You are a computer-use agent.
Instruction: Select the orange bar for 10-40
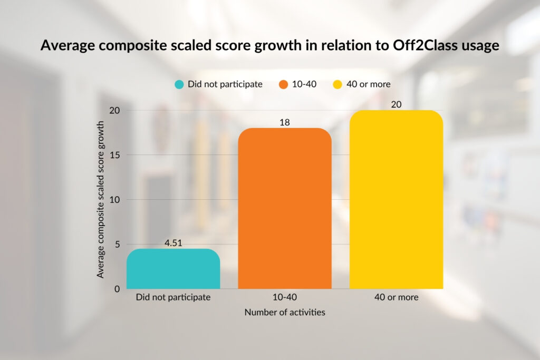pyautogui.click(x=285, y=208)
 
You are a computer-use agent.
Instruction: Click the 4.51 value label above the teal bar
pyautogui.click(x=173, y=243)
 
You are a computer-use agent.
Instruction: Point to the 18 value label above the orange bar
pyautogui.click(x=285, y=122)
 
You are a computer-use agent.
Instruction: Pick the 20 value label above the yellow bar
pyautogui.click(x=396, y=104)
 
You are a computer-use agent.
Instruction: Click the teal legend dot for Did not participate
pyautogui.click(x=179, y=84)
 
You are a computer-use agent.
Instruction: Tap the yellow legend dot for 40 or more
pyautogui.click(x=338, y=84)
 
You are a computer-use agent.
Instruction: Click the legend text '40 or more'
pyautogui.click(x=369, y=84)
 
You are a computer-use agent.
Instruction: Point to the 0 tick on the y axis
pyautogui.click(x=116, y=289)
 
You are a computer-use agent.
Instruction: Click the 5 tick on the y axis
pyautogui.click(x=116, y=244)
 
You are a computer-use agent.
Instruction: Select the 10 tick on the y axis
pyautogui.click(x=114, y=200)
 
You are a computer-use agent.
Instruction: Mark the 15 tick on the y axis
pyautogui.click(x=114, y=155)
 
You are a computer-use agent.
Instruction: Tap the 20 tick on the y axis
pyautogui.click(x=114, y=111)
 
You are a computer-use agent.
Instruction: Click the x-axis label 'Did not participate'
pyautogui.click(x=173, y=297)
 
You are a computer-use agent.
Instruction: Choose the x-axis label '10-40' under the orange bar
pyautogui.click(x=285, y=297)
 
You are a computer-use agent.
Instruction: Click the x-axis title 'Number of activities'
pyautogui.click(x=285, y=312)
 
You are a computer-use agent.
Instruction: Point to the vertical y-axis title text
pyautogui.click(x=100, y=200)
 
